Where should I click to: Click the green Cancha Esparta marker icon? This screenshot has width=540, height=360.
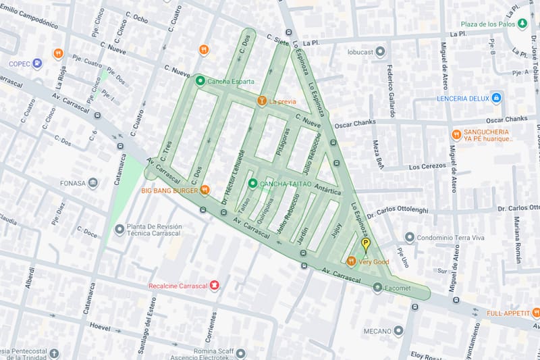pyautogui.click(x=200, y=81)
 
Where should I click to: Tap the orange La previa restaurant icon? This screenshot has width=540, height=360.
pyautogui.click(x=261, y=101)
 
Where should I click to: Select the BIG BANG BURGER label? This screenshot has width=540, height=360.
pyautogui.click(x=169, y=190)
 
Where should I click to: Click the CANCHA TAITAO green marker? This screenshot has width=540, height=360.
pyautogui.click(x=252, y=184)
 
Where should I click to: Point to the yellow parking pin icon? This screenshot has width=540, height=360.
pyautogui.click(x=366, y=245)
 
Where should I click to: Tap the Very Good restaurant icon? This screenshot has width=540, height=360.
pyautogui.click(x=351, y=261)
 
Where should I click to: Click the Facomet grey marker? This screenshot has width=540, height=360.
pyautogui.click(x=378, y=287)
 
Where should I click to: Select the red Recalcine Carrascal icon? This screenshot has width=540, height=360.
pyautogui.click(x=215, y=286)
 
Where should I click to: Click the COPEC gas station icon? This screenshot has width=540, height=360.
pyautogui.click(x=37, y=64)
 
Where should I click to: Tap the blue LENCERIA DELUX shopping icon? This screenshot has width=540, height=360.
pyautogui.click(x=496, y=98)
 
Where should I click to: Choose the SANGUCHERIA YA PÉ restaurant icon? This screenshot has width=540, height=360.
pyautogui.click(x=456, y=134)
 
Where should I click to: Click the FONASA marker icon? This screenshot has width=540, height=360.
pyautogui.click(x=92, y=182)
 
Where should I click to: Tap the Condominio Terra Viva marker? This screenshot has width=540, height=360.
pyautogui.click(x=409, y=237)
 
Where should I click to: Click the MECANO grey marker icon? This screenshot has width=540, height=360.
pyautogui.click(x=399, y=331)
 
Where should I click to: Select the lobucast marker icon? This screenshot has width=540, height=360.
pyautogui.click(x=380, y=51)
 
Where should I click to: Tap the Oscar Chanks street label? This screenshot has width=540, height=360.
pyautogui.click(x=355, y=124)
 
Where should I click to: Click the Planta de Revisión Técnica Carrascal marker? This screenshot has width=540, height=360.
pyautogui.click(x=119, y=230)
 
